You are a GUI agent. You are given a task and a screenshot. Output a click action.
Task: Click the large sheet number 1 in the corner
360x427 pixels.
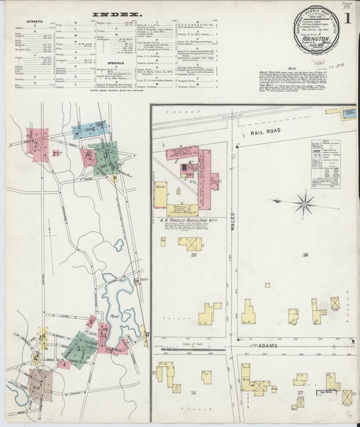(345, 18)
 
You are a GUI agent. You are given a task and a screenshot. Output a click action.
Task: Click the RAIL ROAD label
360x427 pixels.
(265, 134)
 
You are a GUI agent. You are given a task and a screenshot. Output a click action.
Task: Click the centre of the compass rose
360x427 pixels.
(305, 203)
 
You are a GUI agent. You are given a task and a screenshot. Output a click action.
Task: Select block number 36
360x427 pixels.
(305, 255)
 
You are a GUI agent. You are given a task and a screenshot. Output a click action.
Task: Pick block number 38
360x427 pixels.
(194, 393)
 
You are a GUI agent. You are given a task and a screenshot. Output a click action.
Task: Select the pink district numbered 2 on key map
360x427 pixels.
(36, 145)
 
